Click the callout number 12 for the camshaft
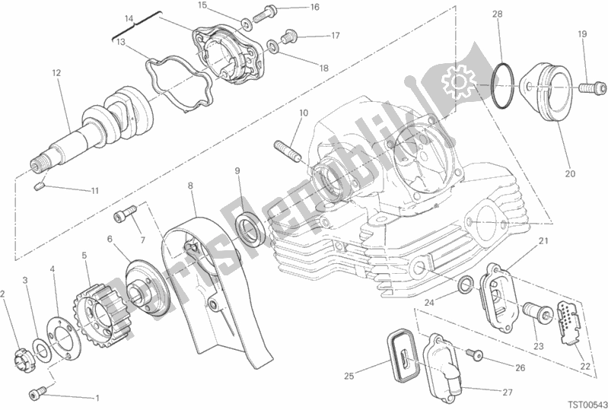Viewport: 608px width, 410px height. pyautogui.click(x=56, y=72)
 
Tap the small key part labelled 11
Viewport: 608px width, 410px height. pyautogui.click(x=38, y=187)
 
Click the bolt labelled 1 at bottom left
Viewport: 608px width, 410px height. pyautogui.click(x=37, y=393)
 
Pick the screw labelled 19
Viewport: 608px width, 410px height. pyautogui.click(x=593, y=87)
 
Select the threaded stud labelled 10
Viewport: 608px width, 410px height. pyautogui.click(x=288, y=152)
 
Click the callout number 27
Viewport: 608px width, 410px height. pyautogui.click(x=508, y=393)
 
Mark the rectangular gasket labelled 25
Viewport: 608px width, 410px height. pyautogui.click(x=403, y=353)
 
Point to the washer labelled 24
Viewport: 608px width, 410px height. pyautogui.click(x=465, y=283)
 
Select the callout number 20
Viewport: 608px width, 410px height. pyautogui.click(x=570, y=173)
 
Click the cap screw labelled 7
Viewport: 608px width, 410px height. pyautogui.click(x=126, y=213)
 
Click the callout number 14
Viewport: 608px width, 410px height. pyautogui.click(x=129, y=18)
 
